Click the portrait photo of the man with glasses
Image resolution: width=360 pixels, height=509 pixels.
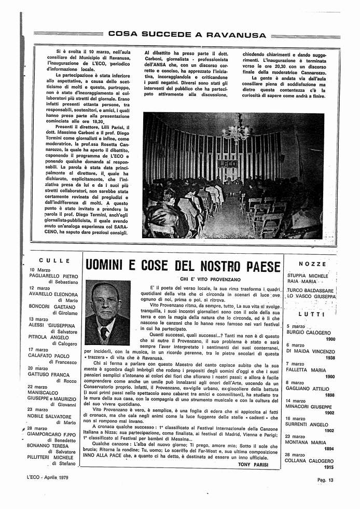tap(107, 313)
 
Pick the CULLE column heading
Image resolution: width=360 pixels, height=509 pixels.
tap(54, 260)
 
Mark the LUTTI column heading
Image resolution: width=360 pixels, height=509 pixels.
tap(312, 314)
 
